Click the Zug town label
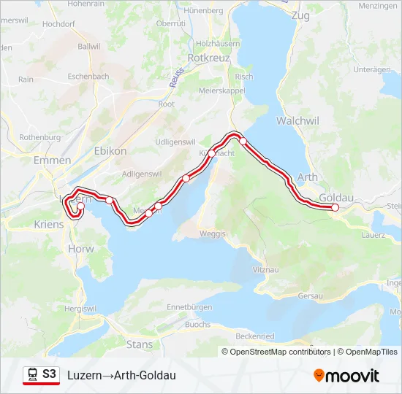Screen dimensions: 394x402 click(300, 15)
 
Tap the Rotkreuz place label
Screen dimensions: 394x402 click(210, 56)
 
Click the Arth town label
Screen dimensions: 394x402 click(308, 177)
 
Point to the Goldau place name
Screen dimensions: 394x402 click(337, 197)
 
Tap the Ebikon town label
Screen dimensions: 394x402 click(110, 150)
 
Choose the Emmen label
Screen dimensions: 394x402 click(52, 160)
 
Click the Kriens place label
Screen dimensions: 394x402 click(49, 225)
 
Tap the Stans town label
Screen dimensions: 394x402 click(140, 344)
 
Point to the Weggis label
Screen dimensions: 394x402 click(213, 233)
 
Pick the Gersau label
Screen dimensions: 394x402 click(311, 295)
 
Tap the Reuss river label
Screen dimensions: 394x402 click(175, 77)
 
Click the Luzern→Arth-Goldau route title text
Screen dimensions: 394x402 click(121, 375)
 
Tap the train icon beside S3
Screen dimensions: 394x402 click(32, 374)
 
